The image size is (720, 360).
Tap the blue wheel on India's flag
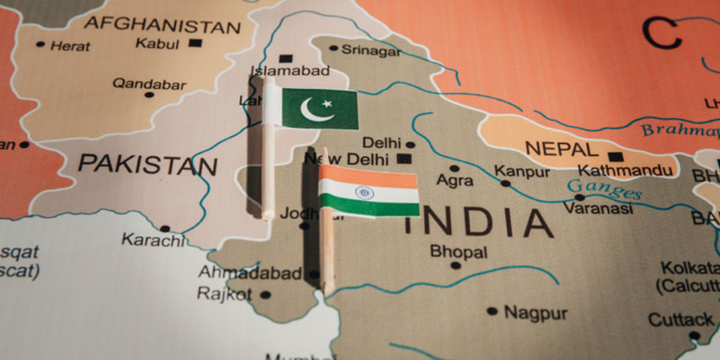(x=364, y=192)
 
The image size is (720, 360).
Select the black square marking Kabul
(x=195, y=43)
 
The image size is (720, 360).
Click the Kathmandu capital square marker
(x=616, y=156)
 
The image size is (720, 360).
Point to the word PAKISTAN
(x=147, y=164)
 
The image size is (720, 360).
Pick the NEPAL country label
(x=561, y=149)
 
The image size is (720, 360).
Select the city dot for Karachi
(x=165, y=229)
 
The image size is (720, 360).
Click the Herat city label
(x=70, y=46)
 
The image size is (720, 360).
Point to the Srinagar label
(x=371, y=51)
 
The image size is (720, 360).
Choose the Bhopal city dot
(x=456, y=265)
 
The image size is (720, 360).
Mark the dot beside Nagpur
(x=492, y=310)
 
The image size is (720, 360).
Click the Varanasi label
(x=598, y=208)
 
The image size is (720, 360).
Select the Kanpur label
(x=521, y=171)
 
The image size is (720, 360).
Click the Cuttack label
(x=681, y=319)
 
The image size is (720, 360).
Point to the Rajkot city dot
(x=265, y=294)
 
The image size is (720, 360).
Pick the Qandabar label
(x=149, y=84)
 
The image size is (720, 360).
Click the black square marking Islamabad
(x=286, y=58)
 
